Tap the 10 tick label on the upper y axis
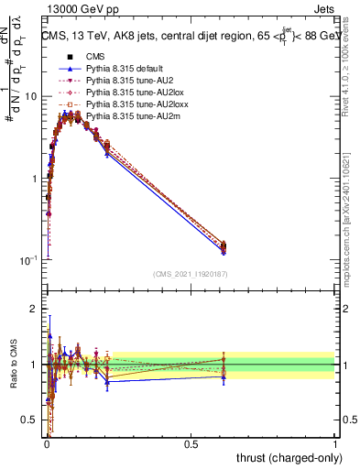[x=30, y=96]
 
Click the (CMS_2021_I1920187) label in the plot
[x=191, y=273]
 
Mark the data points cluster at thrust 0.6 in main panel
[x=224, y=247]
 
